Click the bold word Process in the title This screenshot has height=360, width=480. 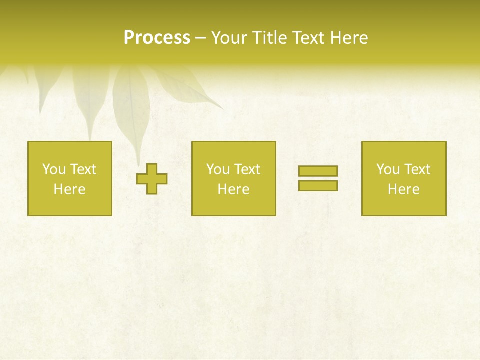coord(157,38)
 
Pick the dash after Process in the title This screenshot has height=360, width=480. coord(200,38)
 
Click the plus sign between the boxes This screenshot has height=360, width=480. coord(152,179)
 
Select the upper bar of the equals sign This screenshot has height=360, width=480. coord(318,171)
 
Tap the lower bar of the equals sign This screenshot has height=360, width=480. coord(318,186)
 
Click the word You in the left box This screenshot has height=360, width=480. coord(53,169)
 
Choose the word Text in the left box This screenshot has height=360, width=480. coord(83,169)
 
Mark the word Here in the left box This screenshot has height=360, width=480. coord(69,189)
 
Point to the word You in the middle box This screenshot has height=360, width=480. coord(217,169)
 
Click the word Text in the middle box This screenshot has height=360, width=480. coord(247,169)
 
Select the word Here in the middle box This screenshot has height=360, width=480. coord(233,189)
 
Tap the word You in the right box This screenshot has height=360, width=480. coord(387,169)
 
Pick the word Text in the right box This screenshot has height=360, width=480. coord(417,169)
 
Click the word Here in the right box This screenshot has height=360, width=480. coord(403,189)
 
